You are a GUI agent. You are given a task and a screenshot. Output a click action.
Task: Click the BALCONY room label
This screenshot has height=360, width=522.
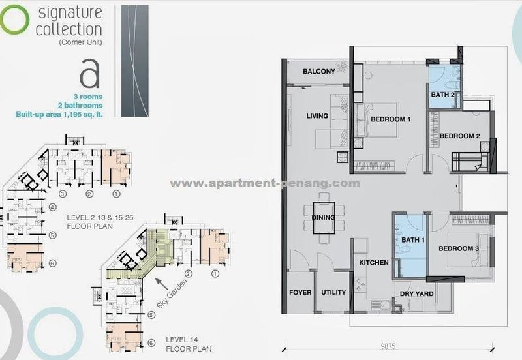[x=318, y=72]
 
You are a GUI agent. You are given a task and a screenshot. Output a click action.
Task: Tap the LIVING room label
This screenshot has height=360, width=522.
[x=317, y=116]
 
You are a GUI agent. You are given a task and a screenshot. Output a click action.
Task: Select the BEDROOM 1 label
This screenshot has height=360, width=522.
[x=390, y=119]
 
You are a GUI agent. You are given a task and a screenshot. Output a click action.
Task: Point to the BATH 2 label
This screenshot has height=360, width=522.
[x=443, y=95]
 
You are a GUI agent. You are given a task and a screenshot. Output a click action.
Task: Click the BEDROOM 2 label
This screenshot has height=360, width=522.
[x=460, y=136]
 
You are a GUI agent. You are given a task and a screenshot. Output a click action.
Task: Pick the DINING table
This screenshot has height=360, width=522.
[x=324, y=218]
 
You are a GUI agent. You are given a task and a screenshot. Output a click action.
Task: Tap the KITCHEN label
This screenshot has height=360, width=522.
[x=374, y=263]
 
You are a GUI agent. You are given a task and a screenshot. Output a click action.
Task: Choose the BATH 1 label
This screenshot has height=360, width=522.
[x=413, y=240]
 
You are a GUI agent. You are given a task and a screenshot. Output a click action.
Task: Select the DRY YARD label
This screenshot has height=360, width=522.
[x=416, y=293]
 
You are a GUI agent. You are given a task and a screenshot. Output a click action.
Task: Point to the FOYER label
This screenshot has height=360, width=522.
[x=300, y=292]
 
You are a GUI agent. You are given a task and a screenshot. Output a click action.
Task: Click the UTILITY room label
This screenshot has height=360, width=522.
[x=333, y=292]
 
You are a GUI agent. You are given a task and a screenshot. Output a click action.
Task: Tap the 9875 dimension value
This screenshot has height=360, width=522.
[x=388, y=346]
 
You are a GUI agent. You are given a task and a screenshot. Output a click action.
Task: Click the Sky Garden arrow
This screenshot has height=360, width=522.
[x=162, y=284]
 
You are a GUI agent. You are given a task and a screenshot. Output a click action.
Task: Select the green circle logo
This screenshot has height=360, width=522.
[x=14, y=20]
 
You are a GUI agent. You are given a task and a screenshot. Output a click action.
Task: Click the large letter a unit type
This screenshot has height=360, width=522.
[x=89, y=74]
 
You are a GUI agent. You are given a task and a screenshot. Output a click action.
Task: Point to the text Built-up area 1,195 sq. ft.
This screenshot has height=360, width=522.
[x=59, y=114]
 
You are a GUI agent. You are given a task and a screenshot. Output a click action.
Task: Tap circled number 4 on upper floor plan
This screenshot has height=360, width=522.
[x=53, y=207]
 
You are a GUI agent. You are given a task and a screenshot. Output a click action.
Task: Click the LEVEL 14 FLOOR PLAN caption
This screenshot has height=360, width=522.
[x=189, y=344]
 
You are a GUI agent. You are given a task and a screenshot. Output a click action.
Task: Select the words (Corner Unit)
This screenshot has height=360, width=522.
[x=80, y=42]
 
